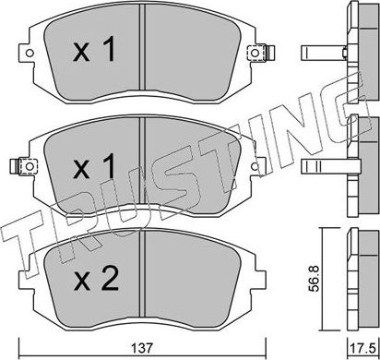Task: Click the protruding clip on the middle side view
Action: (319, 165)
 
